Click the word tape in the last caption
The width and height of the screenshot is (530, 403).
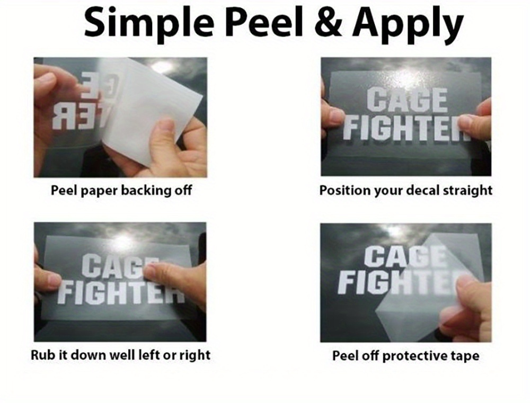(x=465, y=356)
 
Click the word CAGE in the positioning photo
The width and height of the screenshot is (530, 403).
(x=407, y=100)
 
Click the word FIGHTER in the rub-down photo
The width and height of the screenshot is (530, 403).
(x=121, y=292)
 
